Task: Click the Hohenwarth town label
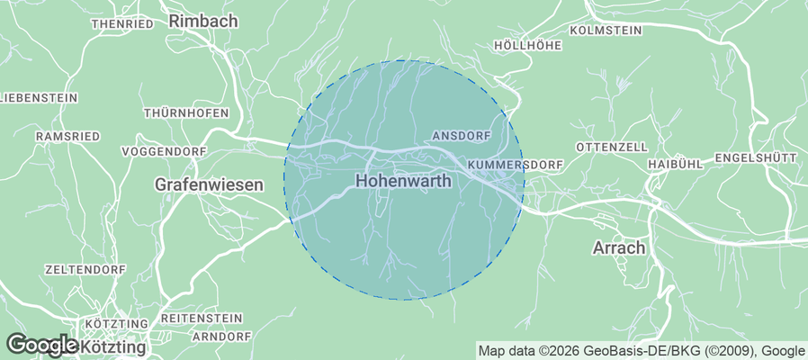pos(403,181)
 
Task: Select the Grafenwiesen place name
pos(209,184)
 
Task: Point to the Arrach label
pos(620,247)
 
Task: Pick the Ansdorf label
pos(462,135)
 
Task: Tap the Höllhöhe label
pos(528,44)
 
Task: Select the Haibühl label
pos(675,165)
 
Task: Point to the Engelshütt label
pos(756,157)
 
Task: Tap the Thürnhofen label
pos(186,113)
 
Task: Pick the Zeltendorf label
pos(84,269)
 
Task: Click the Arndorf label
pos(221,337)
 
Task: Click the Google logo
pos(41,345)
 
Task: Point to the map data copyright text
pos(641,351)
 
